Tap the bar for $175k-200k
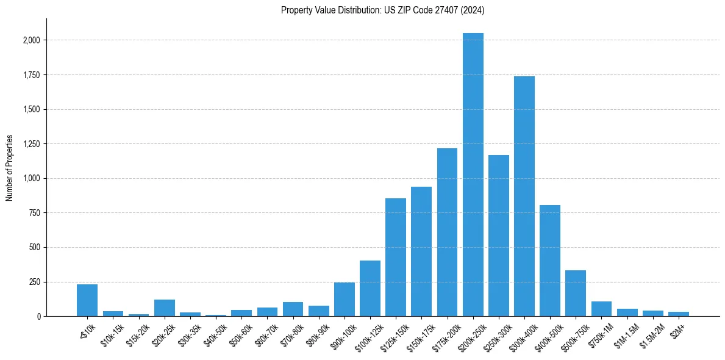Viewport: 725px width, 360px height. [x=447, y=232]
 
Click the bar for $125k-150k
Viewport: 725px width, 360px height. [x=396, y=257]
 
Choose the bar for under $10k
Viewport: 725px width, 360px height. [x=87, y=300]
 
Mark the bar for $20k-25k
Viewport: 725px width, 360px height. [x=164, y=308]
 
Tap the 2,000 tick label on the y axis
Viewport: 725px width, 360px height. [x=31, y=40]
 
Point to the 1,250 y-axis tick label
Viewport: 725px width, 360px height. [x=31, y=144]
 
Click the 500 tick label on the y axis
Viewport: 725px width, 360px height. [x=35, y=248]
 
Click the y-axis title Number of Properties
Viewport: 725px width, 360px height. [x=10, y=168]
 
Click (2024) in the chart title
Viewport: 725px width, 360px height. [x=473, y=10]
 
